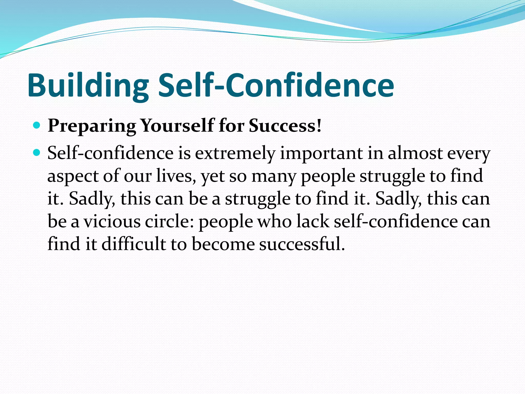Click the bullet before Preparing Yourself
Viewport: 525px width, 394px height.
click(x=37, y=125)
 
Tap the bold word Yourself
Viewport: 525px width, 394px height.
click(x=177, y=126)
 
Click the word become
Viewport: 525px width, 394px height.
click(x=223, y=244)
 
